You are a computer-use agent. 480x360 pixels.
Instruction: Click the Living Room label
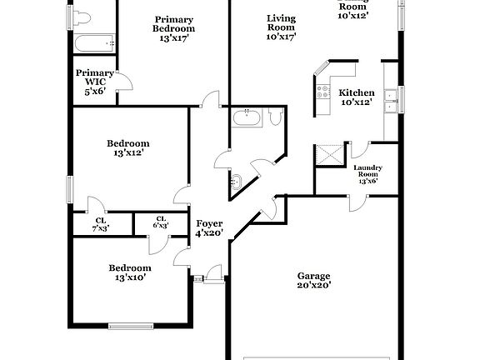[x=281, y=27]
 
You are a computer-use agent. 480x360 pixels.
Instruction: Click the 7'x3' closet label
[x=101, y=223]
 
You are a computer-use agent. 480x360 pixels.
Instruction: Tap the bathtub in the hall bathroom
[x=247, y=117]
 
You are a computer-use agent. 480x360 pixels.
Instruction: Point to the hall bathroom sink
[x=236, y=179]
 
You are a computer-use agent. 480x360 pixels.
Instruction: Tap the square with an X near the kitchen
[x=329, y=155]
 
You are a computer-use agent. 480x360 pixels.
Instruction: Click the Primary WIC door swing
[x=123, y=82]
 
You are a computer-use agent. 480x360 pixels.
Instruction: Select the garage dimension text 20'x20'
[x=314, y=286]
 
